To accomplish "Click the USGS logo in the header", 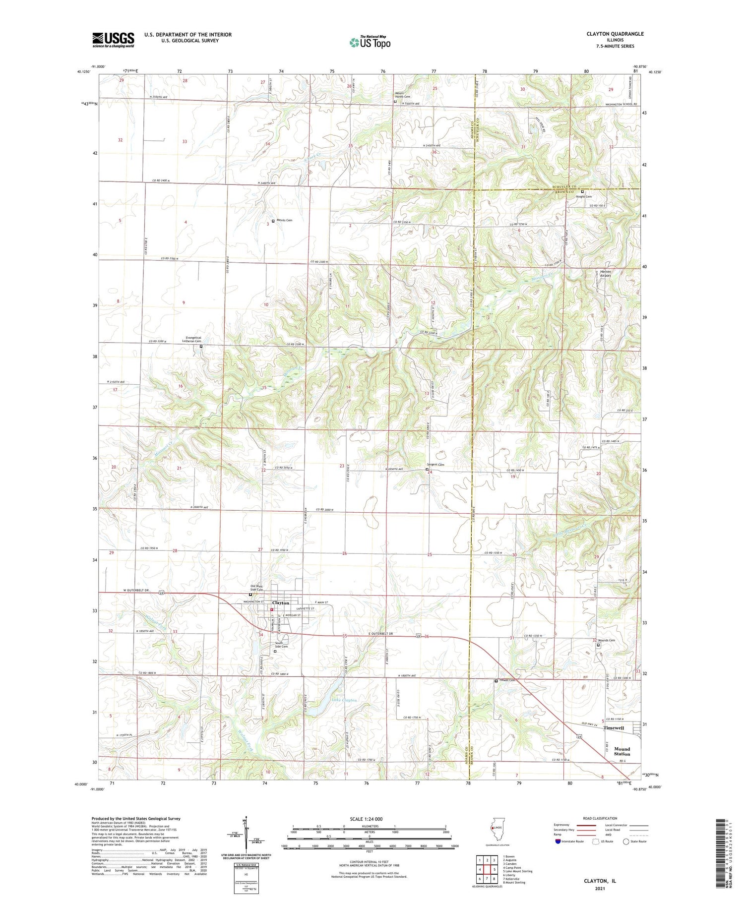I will [x=113, y=40].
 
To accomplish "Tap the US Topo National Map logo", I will [x=370, y=42].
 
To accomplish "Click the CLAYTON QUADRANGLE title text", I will [x=615, y=34].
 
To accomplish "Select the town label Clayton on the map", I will [x=281, y=603].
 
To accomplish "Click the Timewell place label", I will [x=614, y=728].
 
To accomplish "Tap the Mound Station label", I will [x=621, y=751].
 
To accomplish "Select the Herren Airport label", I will [x=606, y=274].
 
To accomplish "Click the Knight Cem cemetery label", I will [x=583, y=196].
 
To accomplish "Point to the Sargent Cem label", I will [x=436, y=465].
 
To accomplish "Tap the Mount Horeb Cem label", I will [x=402, y=95].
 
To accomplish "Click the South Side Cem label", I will [x=281, y=645].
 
